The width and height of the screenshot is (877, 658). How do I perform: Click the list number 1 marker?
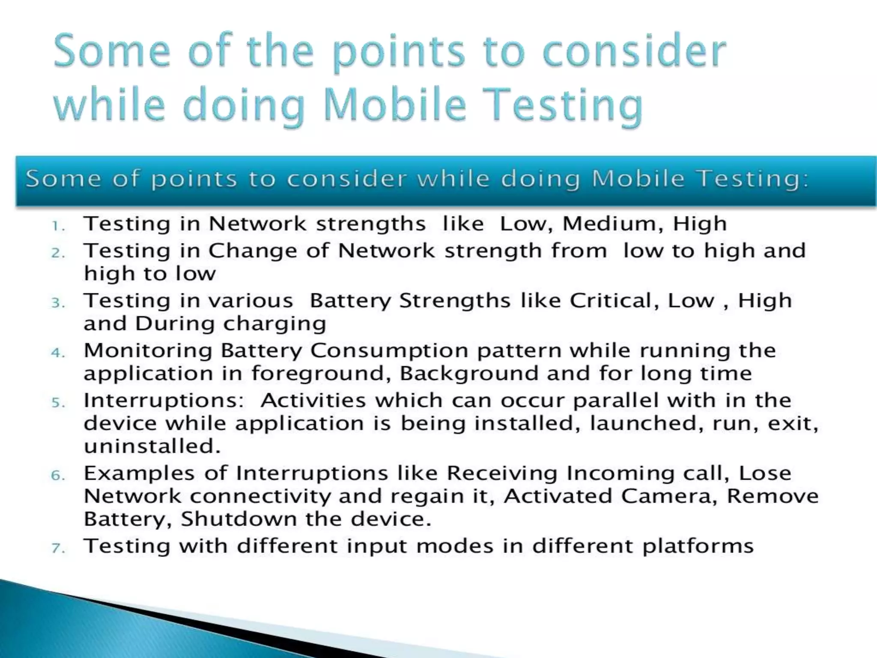(57, 226)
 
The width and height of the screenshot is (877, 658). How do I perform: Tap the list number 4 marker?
(58, 353)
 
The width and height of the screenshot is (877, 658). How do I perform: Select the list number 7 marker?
(58, 548)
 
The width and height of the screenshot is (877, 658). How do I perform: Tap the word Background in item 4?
(469, 373)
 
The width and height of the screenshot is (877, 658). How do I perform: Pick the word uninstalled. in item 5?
(152, 446)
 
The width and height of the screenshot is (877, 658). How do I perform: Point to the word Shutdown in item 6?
(239, 520)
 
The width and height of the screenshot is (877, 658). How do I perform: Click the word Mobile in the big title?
(394, 105)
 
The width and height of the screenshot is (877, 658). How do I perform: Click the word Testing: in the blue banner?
(753, 179)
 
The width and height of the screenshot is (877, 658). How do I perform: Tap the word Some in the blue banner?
(63, 179)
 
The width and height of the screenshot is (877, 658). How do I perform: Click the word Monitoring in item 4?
(148, 351)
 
